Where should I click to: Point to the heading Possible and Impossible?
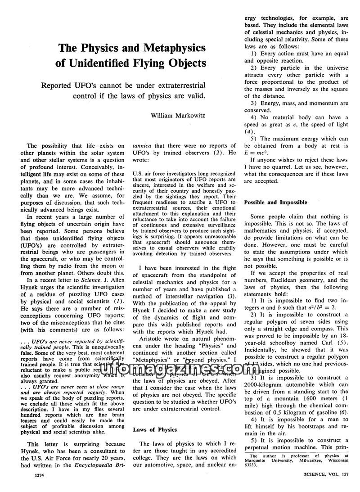click(276, 203)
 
